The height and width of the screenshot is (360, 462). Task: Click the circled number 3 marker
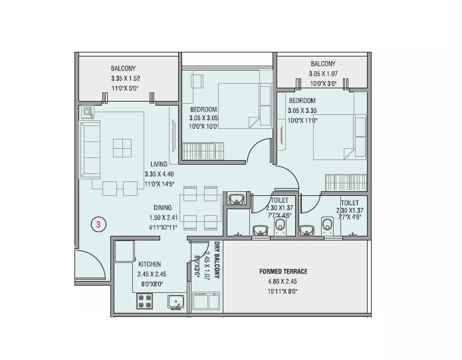pyautogui.click(x=98, y=225)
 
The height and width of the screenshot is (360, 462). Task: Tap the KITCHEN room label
pyautogui.click(x=150, y=264)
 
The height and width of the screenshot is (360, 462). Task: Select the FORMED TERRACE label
pyautogui.click(x=284, y=272)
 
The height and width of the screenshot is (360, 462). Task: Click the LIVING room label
pyautogui.click(x=158, y=165)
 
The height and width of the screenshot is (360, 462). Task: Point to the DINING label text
pyautogui.click(x=163, y=207)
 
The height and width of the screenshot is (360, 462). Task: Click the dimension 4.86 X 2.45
pyautogui.click(x=284, y=281)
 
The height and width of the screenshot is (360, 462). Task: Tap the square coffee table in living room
pyautogui.click(x=121, y=147)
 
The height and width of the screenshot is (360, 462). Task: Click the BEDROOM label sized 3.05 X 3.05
pyautogui.click(x=204, y=110)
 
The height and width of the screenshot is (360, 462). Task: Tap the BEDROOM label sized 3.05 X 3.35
pyautogui.click(x=302, y=101)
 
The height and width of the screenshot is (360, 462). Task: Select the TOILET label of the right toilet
pyautogui.click(x=350, y=203)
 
